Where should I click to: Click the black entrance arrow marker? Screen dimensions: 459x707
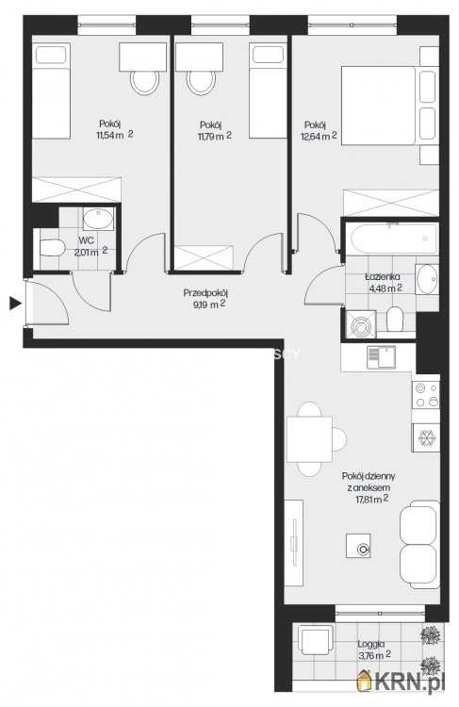click(15, 304)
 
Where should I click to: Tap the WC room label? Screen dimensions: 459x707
click(86, 240)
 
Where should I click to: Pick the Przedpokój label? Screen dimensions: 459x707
click(205, 293)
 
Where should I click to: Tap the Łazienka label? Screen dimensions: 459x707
click(383, 277)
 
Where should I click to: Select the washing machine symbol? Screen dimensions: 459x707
click(361, 323)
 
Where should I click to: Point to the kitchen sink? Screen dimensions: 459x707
click(381, 357)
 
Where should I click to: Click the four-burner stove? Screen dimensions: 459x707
click(426, 395)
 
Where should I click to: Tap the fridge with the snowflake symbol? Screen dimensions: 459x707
click(426, 437)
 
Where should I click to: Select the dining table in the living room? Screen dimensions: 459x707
click(309, 439)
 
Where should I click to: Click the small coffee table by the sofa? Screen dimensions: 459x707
click(359, 546)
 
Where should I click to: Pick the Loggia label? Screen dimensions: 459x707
click(371, 645)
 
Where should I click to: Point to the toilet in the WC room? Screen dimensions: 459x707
click(53, 248)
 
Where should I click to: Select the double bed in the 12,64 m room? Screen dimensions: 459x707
click(378, 106)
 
